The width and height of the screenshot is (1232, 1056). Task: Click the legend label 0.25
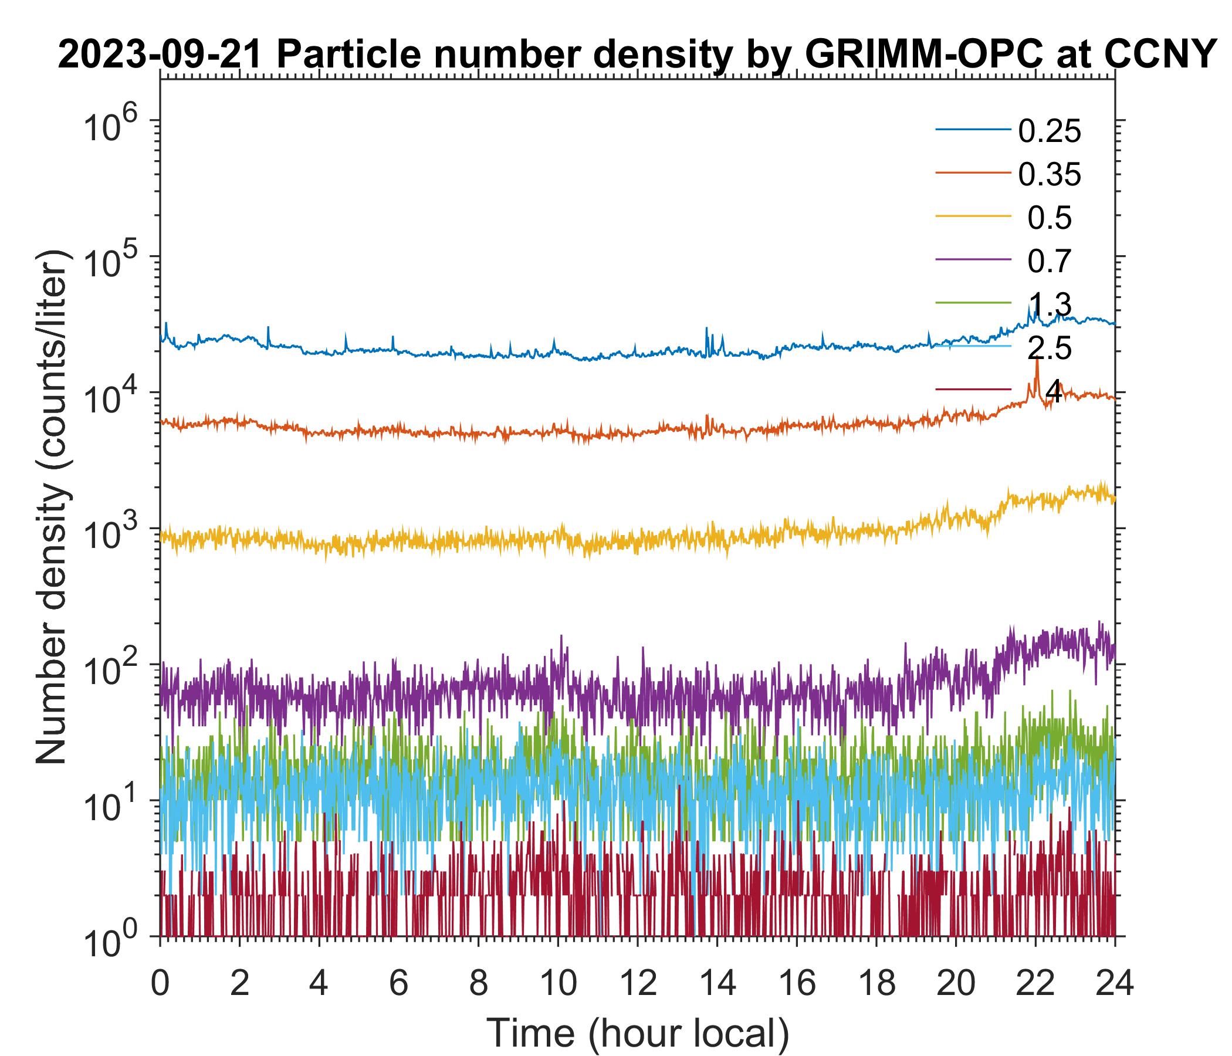tap(1050, 131)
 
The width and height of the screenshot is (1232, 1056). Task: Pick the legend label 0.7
tap(1050, 262)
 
